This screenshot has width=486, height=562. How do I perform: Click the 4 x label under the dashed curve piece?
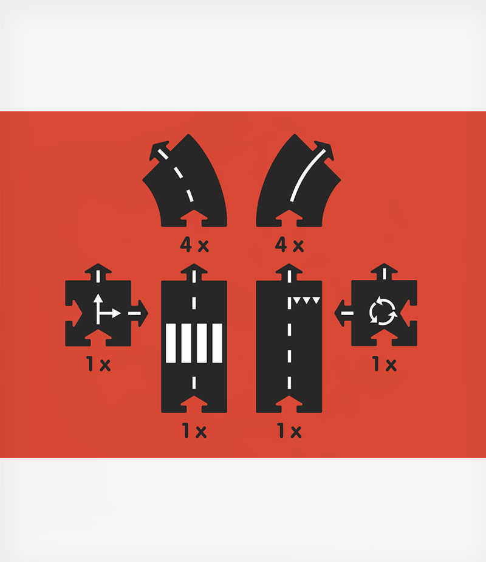(194, 245)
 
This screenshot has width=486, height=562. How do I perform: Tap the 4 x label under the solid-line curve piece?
(289, 245)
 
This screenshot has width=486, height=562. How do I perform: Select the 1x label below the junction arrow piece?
(98, 364)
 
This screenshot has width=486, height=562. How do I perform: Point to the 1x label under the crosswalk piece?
(194, 431)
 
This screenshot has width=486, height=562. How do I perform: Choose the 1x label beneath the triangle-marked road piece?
(290, 431)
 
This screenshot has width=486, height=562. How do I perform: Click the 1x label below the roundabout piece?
(385, 364)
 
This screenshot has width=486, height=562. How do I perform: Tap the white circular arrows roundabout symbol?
(383, 311)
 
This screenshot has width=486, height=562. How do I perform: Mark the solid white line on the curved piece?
(307, 175)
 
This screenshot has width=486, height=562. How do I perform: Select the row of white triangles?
(307, 300)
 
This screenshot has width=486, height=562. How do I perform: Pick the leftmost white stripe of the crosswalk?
(171, 344)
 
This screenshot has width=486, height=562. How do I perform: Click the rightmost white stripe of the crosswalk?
(217, 344)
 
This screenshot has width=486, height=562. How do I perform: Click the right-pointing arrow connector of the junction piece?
(141, 313)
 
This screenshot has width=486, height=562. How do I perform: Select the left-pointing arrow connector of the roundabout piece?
(342, 313)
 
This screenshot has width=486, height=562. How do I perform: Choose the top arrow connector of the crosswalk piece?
(194, 272)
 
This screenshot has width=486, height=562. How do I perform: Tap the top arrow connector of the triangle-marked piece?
(289, 272)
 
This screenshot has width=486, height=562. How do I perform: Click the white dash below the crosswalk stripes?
(194, 383)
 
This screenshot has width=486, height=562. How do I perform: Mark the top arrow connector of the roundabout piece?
(385, 272)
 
